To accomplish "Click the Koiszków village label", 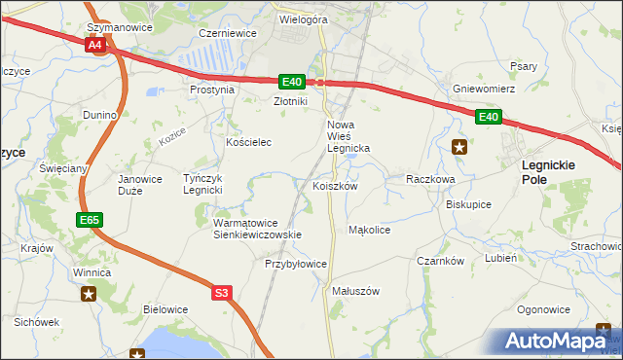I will click(x=336, y=186).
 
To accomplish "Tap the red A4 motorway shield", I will click(x=94, y=45).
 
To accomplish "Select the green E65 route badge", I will click(x=89, y=221).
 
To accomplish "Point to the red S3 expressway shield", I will click(x=222, y=292).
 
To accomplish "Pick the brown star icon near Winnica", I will click(x=89, y=294).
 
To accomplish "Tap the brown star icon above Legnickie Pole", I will click(x=460, y=147).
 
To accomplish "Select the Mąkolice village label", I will click(x=369, y=231).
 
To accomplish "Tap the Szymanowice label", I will click(x=119, y=28).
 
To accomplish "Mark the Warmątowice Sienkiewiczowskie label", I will click(x=257, y=229).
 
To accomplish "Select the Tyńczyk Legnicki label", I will click(x=205, y=184).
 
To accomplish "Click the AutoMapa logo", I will click(x=559, y=341).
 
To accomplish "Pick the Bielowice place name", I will click(x=165, y=309).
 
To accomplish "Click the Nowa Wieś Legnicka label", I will click(x=348, y=136).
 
